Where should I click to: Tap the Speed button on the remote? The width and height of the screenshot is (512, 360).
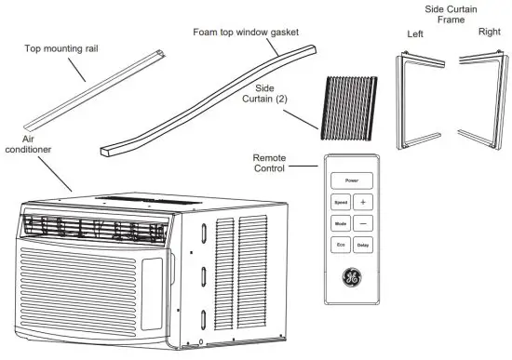click(x=341, y=202)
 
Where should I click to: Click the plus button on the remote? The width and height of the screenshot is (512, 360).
click(x=363, y=202)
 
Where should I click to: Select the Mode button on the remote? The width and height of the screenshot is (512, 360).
click(x=341, y=223)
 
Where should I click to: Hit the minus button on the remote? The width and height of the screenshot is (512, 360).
click(x=363, y=223)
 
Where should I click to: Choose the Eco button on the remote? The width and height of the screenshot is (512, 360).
click(x=341, y=246)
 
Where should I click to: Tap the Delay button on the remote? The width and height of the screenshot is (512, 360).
click(x=363, y=246)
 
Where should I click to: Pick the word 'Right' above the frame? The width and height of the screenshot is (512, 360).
click(x=489, y=31)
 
